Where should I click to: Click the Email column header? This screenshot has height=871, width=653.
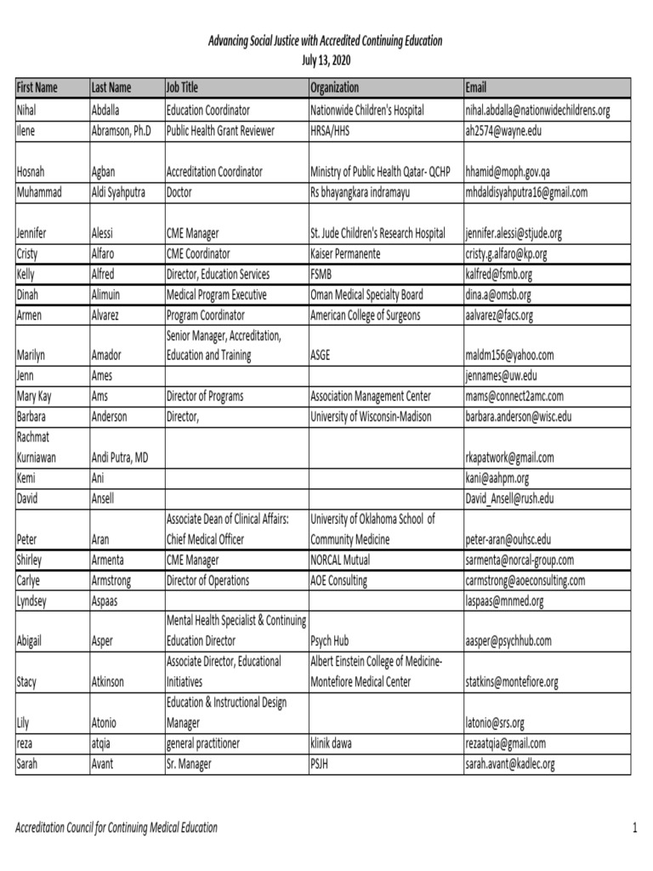[476, 88]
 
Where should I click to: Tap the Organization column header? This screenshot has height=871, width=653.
[335, 88]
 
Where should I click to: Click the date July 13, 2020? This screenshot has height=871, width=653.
[326, 60]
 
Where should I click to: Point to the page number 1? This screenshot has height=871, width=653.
[634, 827]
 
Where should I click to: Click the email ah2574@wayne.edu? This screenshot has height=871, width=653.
[503, 131]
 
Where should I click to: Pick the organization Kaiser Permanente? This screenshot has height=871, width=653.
[346, 254]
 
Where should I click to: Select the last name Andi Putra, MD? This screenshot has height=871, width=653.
[120, 458]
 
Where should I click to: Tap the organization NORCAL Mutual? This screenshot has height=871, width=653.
[342, 561]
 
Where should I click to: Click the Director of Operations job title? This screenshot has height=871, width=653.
[208, 581]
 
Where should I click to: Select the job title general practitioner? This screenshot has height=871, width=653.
[203, 743]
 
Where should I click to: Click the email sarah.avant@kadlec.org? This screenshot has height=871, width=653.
[510, 764]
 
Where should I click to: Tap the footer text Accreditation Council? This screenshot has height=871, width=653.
[116, 827]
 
